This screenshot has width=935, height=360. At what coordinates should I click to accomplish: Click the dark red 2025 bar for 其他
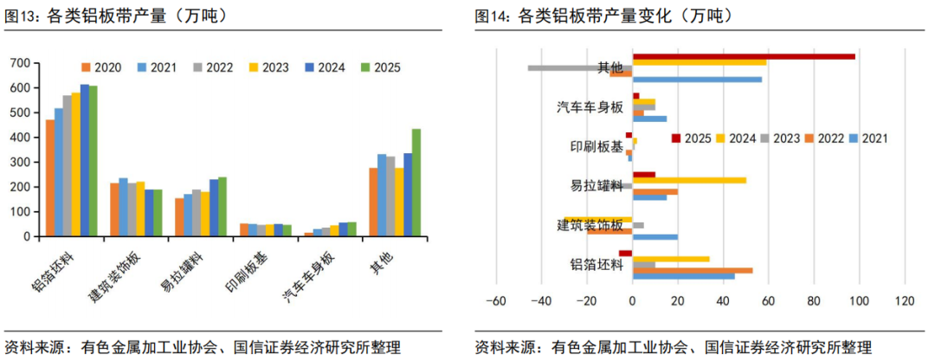point(744,56)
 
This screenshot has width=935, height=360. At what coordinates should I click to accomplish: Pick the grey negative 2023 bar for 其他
point(580,67)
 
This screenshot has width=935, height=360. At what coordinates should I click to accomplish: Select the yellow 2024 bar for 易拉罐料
point(689,180)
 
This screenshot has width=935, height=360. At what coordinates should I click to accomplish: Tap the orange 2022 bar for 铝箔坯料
point(693,270)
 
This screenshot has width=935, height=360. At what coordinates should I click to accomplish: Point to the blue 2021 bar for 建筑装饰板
point(655,236)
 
